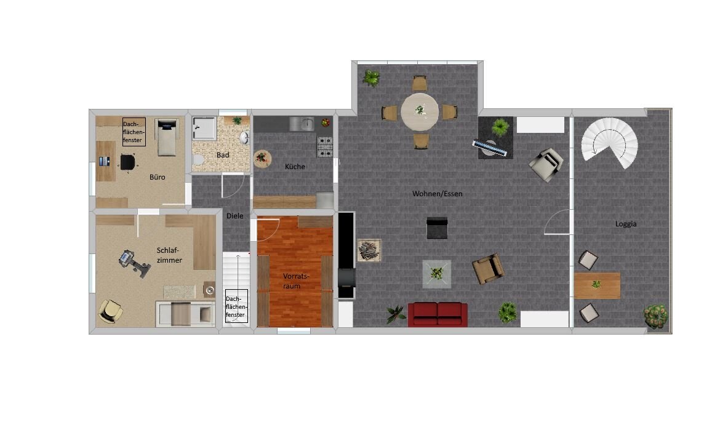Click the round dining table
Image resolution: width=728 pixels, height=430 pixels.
click(x=420, y=111)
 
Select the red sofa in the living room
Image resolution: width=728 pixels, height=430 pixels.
click(x=438, y=314)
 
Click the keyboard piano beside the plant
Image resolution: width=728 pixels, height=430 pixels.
click(x=490, y=148)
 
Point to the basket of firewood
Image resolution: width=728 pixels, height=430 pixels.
click(x=369, y=251)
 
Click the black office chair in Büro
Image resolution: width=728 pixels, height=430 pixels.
click(x=127, y=162)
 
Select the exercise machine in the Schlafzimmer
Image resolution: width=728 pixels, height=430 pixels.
click(x=134, y=263)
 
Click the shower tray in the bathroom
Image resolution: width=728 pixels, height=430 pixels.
click(x=204, y=128)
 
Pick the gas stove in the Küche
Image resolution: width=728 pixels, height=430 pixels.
click(x=324, y=146)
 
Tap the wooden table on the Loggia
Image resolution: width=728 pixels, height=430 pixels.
click(x=596, y=285)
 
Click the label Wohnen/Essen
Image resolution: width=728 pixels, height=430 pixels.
click(x=437, y=194)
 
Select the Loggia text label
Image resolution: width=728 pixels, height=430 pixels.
click(x=626, y=224)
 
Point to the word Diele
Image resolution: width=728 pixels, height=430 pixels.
click(x=234, y=216)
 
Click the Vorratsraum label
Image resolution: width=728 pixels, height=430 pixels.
click(x=295, y=281)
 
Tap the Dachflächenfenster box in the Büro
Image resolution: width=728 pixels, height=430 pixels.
click(x=134, y=132)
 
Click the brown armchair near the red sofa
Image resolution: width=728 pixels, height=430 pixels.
click(x=487, y=269)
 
